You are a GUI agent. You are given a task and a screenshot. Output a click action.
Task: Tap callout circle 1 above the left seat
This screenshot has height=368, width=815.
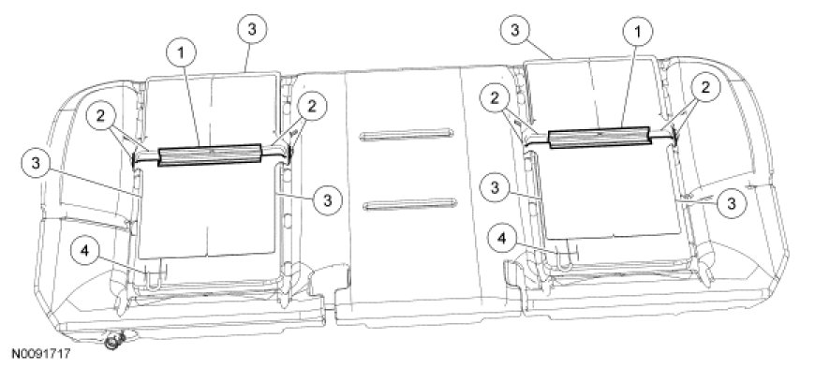(182, 54)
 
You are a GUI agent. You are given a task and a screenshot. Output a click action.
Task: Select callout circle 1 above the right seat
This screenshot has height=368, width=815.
(637, 32)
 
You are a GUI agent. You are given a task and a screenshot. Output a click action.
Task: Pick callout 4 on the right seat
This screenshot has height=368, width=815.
(502, 239)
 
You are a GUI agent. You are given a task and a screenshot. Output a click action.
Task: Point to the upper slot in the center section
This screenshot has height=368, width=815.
(406, 134)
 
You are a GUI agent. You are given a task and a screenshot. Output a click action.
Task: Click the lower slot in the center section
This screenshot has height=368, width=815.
(410, 204)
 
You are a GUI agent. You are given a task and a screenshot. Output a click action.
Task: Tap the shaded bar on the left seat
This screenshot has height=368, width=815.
(210, 155)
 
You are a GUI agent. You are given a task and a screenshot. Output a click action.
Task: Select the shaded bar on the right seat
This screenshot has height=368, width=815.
(600, 138)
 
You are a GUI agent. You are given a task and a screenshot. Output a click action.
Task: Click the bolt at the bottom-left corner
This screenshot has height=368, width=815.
(114, 341)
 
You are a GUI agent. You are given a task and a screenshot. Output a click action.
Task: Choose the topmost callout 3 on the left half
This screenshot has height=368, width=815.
(252, 30)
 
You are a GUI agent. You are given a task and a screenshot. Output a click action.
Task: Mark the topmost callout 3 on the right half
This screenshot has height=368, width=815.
(514, 30)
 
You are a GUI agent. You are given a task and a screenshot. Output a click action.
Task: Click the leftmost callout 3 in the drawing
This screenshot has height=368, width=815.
(36, 163)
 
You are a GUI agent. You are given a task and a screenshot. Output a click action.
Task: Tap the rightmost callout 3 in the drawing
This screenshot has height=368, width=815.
(732, 203)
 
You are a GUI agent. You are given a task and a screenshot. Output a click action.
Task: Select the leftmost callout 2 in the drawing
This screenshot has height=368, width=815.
(101, 117)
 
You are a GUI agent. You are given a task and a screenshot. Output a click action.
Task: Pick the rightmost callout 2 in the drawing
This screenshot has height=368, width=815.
(704, 88)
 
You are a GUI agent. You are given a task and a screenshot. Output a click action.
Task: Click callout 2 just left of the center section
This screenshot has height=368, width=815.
(311, 107)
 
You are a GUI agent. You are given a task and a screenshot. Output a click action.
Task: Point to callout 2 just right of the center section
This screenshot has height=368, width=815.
(496, 99)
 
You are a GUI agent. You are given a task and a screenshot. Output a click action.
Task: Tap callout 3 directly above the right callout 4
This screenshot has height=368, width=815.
(496, 188)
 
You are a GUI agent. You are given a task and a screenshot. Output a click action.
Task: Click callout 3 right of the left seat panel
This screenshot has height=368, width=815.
(327, 200)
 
